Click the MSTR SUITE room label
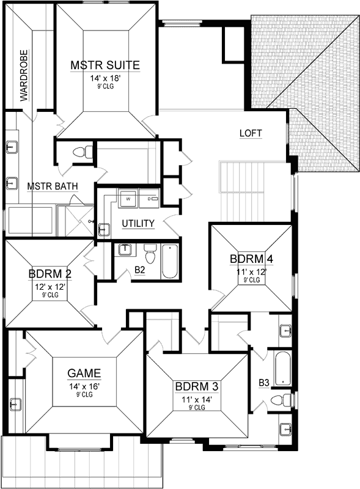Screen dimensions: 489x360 click(105, 65)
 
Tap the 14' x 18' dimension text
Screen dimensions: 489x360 click(105, 78)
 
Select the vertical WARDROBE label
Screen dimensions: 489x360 click(25, 83)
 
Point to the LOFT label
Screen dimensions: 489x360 click(251, 133)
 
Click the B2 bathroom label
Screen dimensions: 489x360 click(139, 268)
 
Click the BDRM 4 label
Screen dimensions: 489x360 click(251, 258)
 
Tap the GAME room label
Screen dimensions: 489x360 click(84, 373)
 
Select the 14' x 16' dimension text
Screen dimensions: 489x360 click(84, 386)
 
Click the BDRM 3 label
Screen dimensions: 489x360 click(197, 386)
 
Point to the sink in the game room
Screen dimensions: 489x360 click(15, 404)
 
